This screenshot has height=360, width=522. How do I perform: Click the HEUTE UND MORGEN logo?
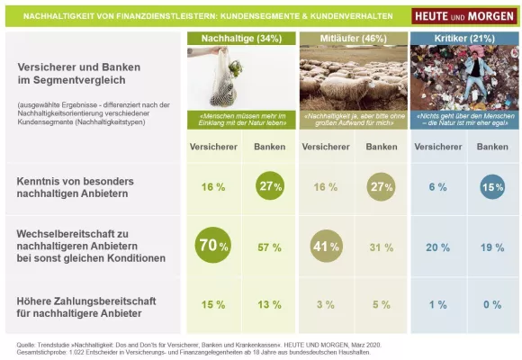coord(460,16)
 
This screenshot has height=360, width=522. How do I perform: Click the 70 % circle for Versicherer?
coord(211,246)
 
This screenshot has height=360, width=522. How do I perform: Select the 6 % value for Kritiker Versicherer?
coord(438,186)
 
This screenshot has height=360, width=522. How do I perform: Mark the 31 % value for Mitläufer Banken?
coord(382,247)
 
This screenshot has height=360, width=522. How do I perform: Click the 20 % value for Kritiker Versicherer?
coord(438,247)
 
